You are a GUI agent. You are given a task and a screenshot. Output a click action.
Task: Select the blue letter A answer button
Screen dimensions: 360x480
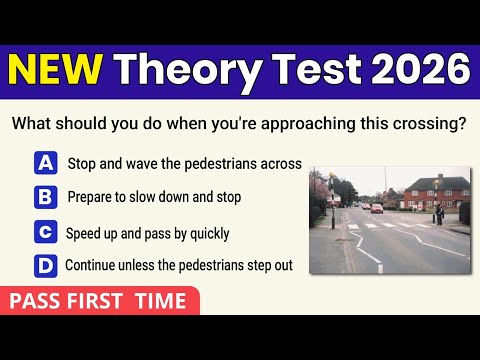[45, 163]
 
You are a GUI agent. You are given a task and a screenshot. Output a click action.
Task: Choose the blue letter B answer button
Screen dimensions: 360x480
[45, 198]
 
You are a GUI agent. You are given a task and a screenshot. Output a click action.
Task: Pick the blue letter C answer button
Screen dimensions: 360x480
[45, 233]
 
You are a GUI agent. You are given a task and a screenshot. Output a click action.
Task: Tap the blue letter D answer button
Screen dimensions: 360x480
[45, 266]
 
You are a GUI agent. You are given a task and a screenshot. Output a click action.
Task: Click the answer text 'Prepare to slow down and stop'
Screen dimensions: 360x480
[154, 198]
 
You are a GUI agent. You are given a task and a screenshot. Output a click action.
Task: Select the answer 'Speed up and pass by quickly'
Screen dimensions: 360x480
[148, 233]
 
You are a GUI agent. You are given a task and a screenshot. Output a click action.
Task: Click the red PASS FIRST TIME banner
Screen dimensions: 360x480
[98, 300]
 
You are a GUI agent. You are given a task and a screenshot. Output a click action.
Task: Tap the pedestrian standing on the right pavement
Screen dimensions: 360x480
[436, 212]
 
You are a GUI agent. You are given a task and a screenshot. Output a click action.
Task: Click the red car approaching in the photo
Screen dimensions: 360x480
[376, 208]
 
